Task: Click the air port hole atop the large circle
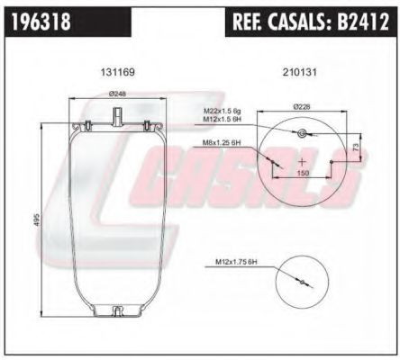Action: (304, 133)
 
